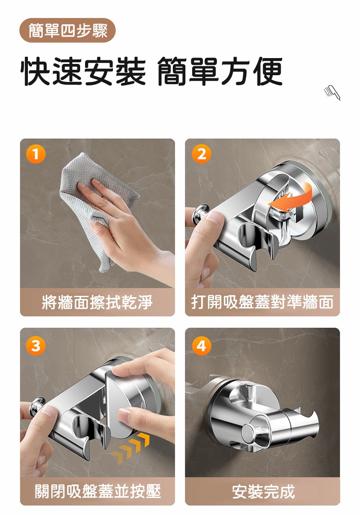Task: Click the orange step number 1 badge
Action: click(36, 154)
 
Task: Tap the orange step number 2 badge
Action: click(202, 154)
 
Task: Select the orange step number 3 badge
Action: click(36, 345)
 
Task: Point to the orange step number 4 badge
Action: click(202, 345)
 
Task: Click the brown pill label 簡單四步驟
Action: click(67, 31)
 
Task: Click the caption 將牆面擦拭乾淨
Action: click(97, 302)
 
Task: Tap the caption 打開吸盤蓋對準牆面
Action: click(262, 302)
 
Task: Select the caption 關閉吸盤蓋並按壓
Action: click(98, 491)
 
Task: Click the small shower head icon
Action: click(332, 92)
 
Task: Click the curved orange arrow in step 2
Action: click(291, 199)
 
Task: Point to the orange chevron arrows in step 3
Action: click(130, 448)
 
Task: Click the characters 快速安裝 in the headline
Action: click(83, 72)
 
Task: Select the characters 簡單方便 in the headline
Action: click(220, 72)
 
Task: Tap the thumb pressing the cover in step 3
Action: click(130, 415)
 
